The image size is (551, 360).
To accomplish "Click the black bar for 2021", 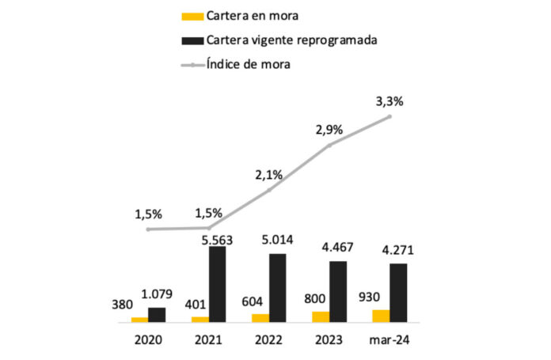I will (x=218, y=284).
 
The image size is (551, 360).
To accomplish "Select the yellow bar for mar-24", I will (x=381, y=316).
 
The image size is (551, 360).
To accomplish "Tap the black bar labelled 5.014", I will (x=278, y=288).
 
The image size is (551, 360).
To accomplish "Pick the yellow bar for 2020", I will (x=139, y=319).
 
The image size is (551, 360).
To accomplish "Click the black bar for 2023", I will (x=339, y=291).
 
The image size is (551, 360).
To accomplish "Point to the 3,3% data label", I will (x=389, y=102).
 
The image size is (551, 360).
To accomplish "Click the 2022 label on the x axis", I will (x=269, y=341).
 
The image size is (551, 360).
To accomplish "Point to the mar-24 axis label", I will (x=389, y=341).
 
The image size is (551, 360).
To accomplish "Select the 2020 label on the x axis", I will (x=148, y=341).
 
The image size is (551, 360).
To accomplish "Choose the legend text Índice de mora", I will (x=250, y=64).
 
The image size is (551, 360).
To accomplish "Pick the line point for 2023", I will (x=329, y=145).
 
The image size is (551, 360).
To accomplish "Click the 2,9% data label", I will (x=329, y=129).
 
